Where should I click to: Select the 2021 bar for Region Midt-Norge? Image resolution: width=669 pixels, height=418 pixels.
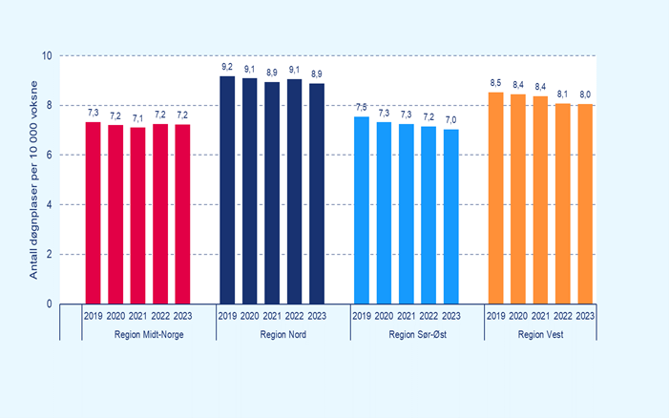pos(137,216)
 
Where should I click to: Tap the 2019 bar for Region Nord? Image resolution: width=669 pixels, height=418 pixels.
pos(227,190)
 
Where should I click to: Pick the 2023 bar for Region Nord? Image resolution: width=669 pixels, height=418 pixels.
pos(317,194)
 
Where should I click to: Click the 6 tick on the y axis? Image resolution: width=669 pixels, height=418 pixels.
pos(50,156)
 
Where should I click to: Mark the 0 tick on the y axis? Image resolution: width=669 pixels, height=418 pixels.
pos(50,304)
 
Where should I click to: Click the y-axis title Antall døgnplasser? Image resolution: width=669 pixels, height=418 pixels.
pos(32,180)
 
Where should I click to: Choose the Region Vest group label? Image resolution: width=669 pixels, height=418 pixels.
pos(541,334)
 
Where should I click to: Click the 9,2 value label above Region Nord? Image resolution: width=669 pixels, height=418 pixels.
pos(227,67)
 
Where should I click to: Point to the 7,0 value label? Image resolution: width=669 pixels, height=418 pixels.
pos(451,119)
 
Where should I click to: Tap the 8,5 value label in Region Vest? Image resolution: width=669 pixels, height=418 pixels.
pos(495,82)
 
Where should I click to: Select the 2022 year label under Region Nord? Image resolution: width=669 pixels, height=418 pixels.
pos(294,317)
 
